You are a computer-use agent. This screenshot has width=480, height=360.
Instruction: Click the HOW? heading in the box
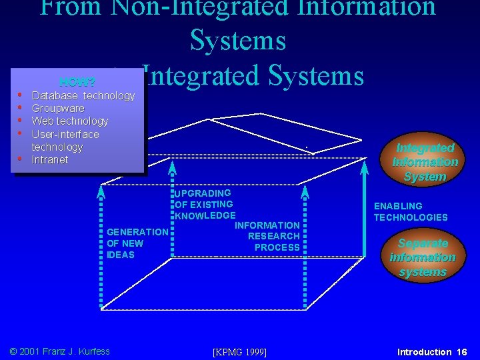[77, 83]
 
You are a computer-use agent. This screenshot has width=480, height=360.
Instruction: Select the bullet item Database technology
[83, 95]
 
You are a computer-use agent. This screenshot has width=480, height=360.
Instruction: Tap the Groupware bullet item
[58, 108]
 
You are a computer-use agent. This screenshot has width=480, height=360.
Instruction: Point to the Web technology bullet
[70, 121]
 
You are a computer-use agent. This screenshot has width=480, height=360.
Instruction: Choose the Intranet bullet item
[50, 159]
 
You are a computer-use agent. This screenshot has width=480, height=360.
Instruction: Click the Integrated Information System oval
[425, 161]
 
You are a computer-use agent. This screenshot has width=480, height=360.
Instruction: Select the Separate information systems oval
[423, 257]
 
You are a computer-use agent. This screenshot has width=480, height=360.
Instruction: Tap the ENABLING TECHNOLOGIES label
[411, 212]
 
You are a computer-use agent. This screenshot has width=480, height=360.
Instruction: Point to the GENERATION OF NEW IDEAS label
[137, 243]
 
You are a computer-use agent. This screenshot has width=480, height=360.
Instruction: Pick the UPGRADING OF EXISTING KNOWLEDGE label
[204, 204]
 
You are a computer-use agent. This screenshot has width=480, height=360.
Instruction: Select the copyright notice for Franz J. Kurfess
[59, 351]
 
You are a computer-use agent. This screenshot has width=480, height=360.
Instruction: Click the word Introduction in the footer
[425, 351]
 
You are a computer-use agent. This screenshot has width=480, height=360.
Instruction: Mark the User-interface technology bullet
[65, 140]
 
